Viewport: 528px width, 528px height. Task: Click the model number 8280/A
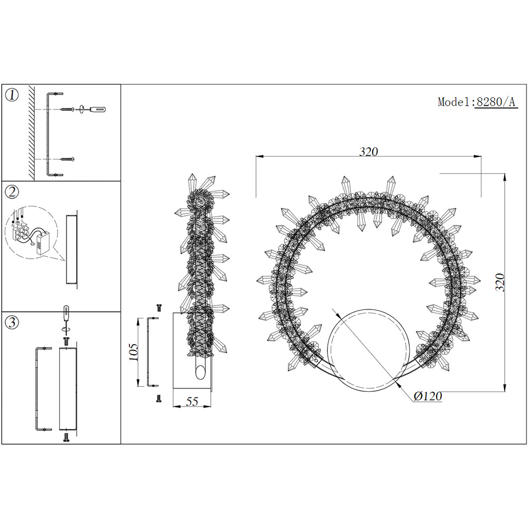coord(496,102)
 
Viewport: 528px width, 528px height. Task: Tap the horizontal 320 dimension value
coord(369,152)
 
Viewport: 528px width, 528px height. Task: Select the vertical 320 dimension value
coord(500,282)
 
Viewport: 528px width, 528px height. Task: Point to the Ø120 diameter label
coord(428,396)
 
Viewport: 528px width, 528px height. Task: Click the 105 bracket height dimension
coord(134,352)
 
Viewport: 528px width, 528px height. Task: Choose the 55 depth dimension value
coord(192,401)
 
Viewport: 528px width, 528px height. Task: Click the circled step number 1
coord(12,95)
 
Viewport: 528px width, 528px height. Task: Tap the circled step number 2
coord(12,192)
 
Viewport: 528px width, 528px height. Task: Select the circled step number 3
coord(12,322)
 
